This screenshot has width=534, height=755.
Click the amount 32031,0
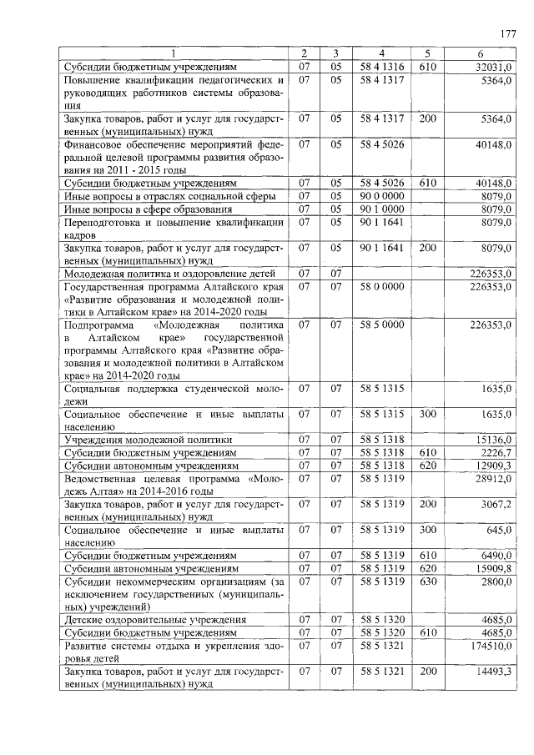click(x=492, y=66)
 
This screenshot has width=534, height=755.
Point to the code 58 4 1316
click(x=381, y=66)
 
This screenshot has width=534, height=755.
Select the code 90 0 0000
click(x=381, y=195)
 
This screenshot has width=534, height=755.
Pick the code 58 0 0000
click(x=381, y=285)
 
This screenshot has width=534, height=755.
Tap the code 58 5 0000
click(x=381, y=323)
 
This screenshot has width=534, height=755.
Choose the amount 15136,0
click(x=492, y=439)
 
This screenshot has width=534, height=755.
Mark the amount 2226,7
click(x=494, y=452)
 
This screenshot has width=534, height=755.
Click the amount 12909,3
click(x=492, y=465)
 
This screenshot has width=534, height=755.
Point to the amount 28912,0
click(x=492, y=478)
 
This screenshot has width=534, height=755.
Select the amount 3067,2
click(x=494, y=504)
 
